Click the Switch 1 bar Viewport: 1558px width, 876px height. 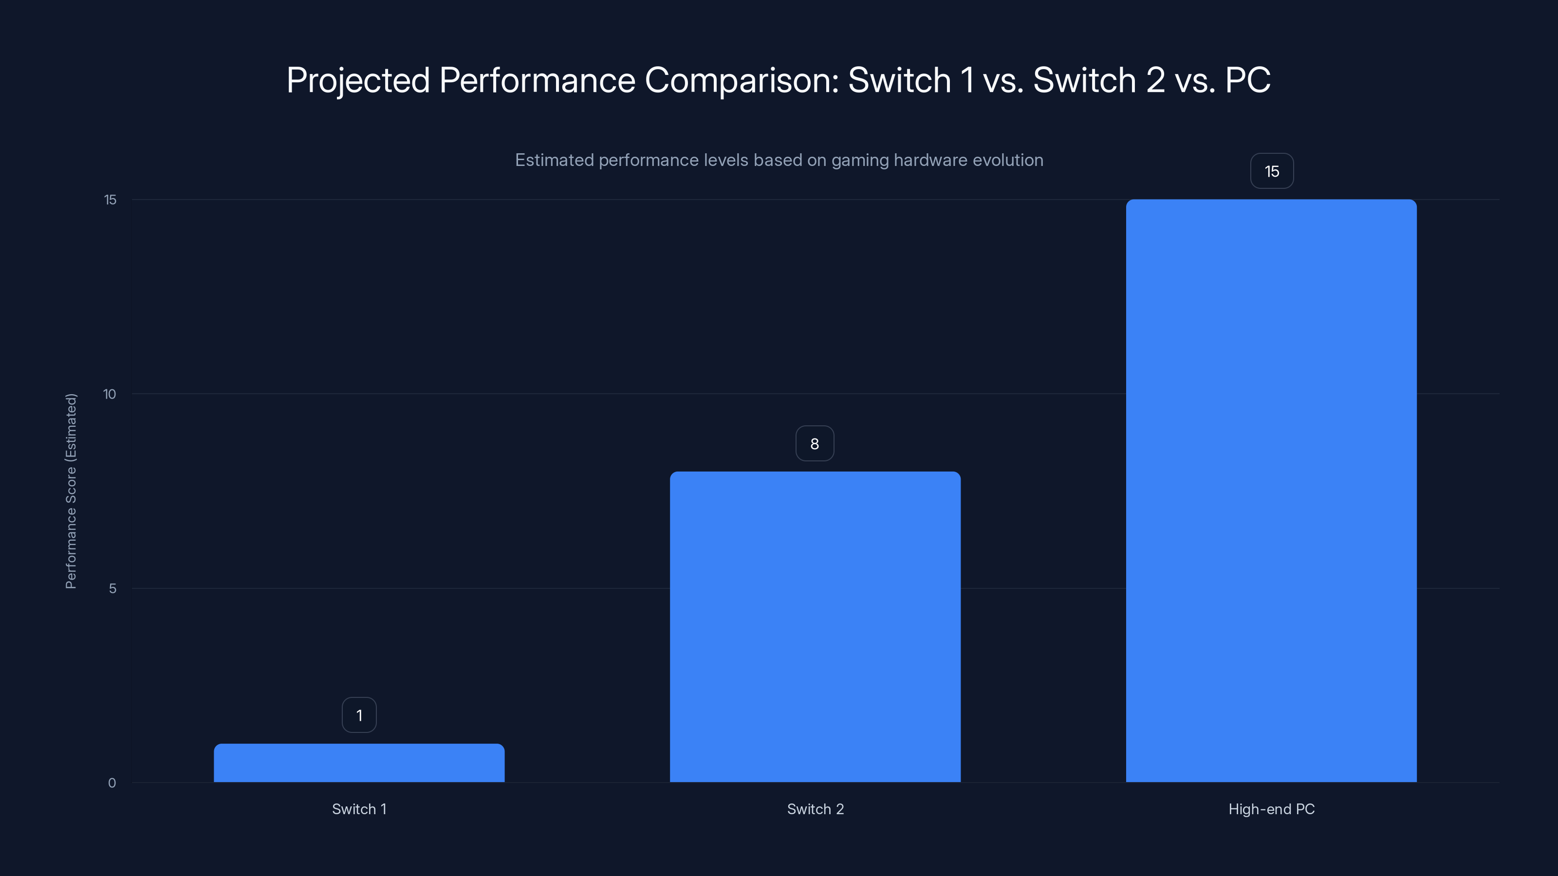click(359, 763)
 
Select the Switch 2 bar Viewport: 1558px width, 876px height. click(815, 626)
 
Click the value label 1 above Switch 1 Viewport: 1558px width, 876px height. click(359, 715)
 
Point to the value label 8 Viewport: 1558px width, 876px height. click(815, 444)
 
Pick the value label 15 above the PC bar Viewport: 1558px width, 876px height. click(1272, 172)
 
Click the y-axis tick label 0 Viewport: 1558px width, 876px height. click(112, 783)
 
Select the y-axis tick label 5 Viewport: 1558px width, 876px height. click(112, 588)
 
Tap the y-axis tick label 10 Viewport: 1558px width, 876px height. click(110, 394)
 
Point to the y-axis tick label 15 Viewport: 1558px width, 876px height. click(110, 200)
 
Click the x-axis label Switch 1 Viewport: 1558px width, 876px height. click(359, 809)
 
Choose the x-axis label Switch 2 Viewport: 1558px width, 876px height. click(815, 809)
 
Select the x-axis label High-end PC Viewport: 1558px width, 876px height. click(1271, 809)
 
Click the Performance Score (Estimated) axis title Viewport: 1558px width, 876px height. click(71, 491)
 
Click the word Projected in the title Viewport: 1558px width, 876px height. click(358, 80)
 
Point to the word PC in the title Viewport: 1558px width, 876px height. click(1247, 80)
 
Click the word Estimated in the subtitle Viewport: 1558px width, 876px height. click(554, 160)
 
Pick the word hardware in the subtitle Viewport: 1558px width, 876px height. click(928, 160)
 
